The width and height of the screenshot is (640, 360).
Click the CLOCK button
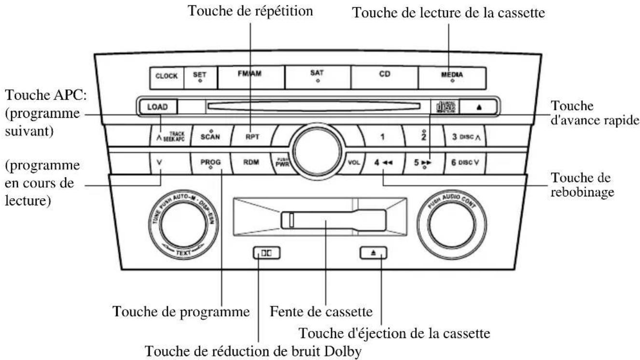pyautogui.click(x=166, y=76)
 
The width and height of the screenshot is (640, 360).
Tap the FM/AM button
pyautogui.click(x=250, y=76)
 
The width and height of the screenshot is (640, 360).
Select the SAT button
pyautogui.click(x=317, y=76)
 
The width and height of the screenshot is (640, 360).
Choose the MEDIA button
pyautogui.click(x=452, y=76)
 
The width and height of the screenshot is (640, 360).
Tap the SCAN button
pyautogui.click(x=210, y=136)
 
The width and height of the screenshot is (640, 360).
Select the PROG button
pyautogui.click(x=210, y=163)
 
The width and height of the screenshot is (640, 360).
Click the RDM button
pyautogui.click(x=250, y=163)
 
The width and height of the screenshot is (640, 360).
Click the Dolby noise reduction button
pyautogui.click(x=266, y=252)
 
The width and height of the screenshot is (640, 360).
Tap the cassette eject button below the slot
pyautogui.click(x=374, y=252)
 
